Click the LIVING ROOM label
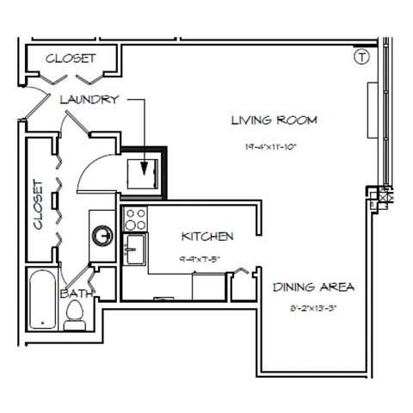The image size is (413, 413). tap(274, 120)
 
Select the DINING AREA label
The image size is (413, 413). tap(314, 287)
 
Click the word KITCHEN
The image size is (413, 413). tap(207, 236)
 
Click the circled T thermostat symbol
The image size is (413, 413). tap(361, 57)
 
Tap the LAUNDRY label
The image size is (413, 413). tap(89, 100)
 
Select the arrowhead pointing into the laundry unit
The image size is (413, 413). tap(145, 168)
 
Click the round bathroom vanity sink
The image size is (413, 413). tap(102, 234)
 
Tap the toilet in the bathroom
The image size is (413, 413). tap(75, 314)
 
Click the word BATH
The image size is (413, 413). tap(76, 293)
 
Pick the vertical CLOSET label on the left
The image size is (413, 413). tap(38, 204)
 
